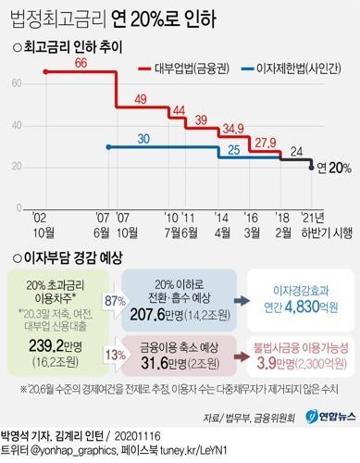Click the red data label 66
click(81, 62)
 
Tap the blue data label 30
click(143, 138)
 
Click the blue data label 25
click(234, 149)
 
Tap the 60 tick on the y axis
click(19, 83)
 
